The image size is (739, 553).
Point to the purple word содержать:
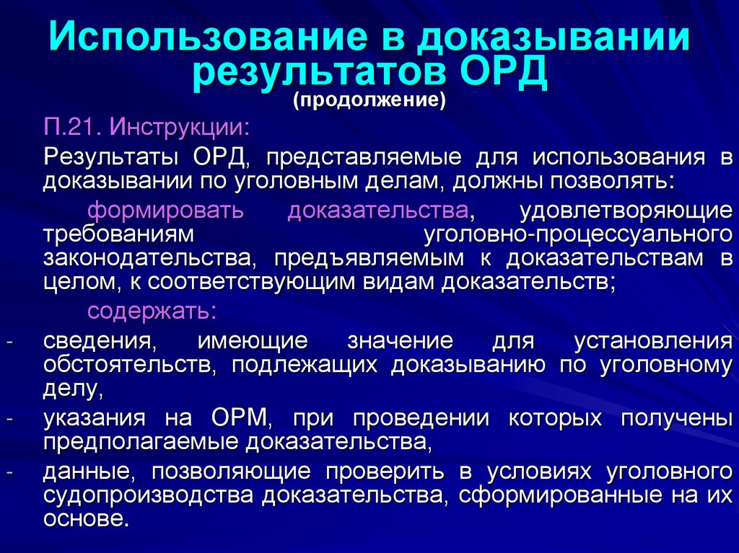point(152,311)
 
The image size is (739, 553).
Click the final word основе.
point(86,518)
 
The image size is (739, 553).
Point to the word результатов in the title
point(318,73)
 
